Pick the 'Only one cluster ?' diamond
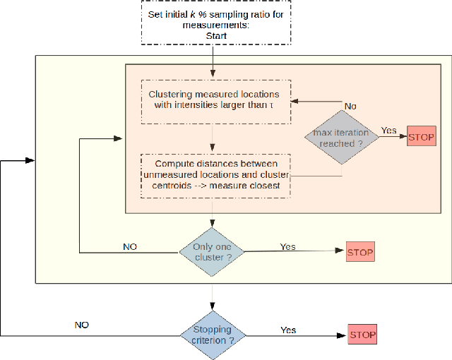click(x=212, y=252)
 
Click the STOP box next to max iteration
click(x=422, y=137)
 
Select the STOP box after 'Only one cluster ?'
click(x=359, y=251)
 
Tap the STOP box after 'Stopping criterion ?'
click(x=362, y=334)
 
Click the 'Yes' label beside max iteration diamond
click(x=389, y=130)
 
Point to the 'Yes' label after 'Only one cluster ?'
click(x=288, y=246)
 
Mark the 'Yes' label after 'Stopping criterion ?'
click(x=288, y=329)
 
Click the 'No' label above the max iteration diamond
click(x=350, y=105)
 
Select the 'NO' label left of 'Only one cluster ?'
click(x=129, y=246)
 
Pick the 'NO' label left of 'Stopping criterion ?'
click(x=83, y=325)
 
